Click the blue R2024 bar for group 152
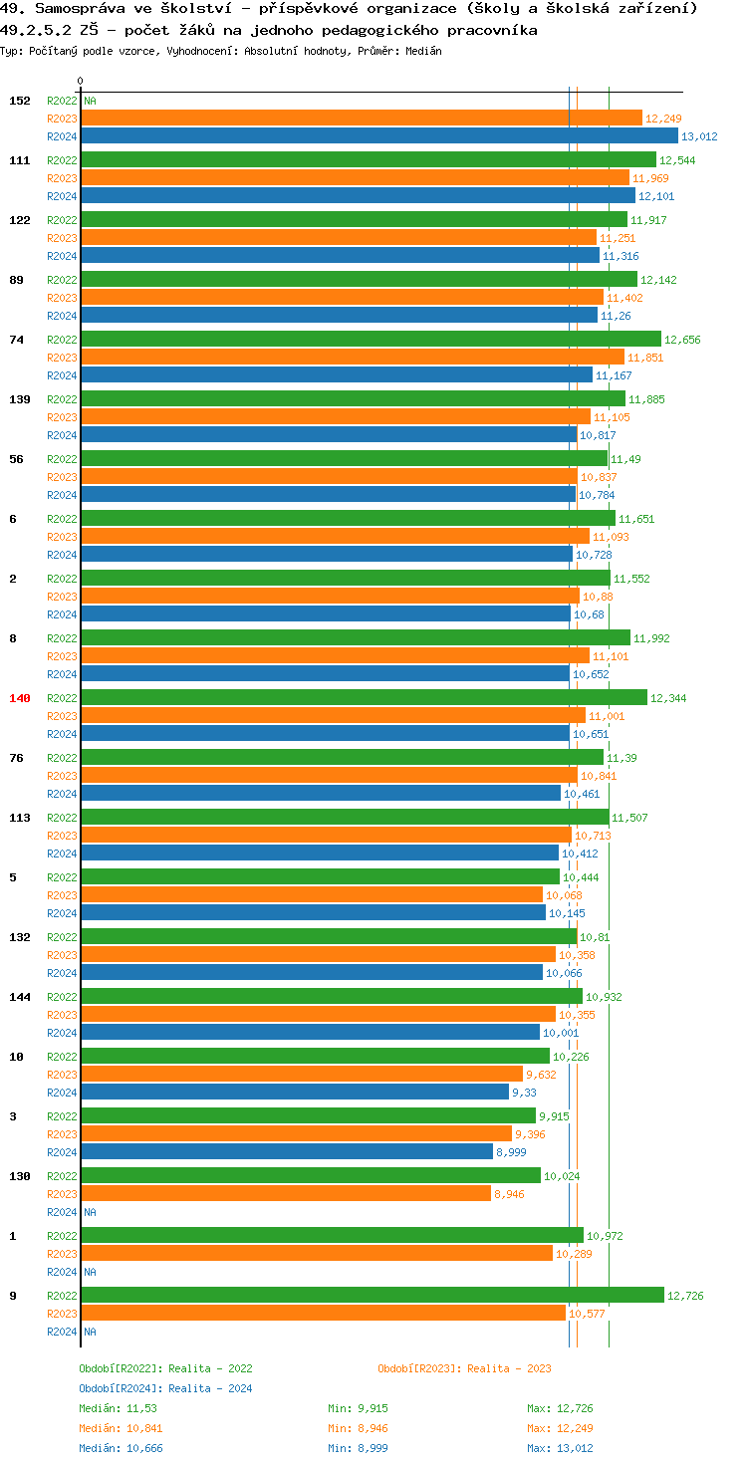coord(378,136)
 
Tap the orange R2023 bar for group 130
coord(286,1193)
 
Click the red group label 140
coord(20,698)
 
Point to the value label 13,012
coord(699,136)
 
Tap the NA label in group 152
coord(90,101)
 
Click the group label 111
coord(20,160)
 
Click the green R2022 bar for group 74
coord(371,339)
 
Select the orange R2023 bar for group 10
coord(302,1074)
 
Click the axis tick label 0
coord(81,81)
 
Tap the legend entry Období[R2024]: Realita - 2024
coord(165,1388)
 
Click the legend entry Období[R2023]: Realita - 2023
coord(464,1368)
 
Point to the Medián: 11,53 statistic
coord(118,1408)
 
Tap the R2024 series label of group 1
coord(62,1272)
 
